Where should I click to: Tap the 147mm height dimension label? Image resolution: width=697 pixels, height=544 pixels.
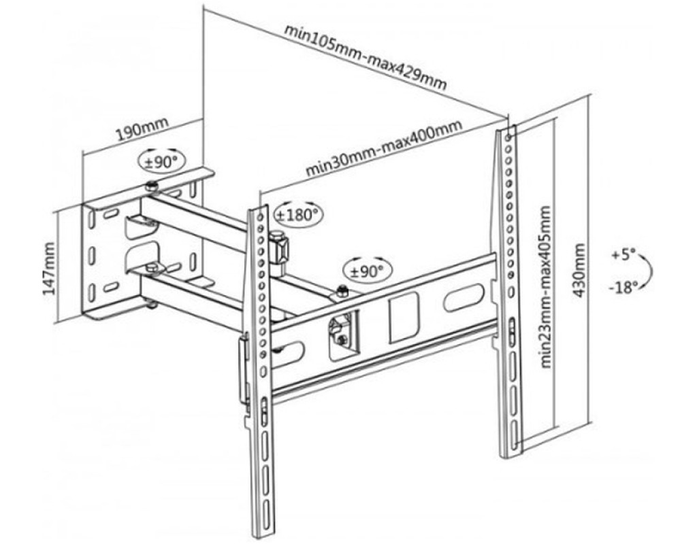(48, 268)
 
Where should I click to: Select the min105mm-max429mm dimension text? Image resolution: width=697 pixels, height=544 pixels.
(366, 58)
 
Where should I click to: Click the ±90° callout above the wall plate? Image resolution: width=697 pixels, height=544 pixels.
(161, 161)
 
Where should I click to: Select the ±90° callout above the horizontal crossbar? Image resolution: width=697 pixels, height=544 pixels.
(368, 270)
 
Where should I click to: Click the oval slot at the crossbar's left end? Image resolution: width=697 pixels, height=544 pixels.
(290, 354)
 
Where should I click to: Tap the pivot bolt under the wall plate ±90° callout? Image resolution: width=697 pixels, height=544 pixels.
(152, 187)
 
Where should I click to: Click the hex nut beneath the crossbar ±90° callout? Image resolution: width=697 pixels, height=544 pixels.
(342, 293)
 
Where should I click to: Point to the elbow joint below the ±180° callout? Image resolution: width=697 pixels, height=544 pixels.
(278, 248)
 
